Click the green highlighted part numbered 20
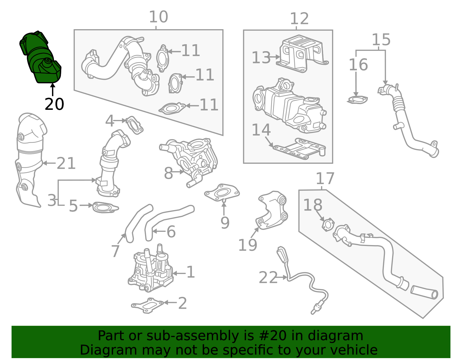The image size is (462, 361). (40, 58)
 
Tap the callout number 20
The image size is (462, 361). (54, 104)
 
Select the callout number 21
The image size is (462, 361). (66, 163)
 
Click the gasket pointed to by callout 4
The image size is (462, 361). (134, 125)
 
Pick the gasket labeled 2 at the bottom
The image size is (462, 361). (148, 305)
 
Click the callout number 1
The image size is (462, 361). (191, 272)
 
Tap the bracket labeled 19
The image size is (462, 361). (272, 211)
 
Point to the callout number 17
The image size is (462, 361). (325, 178)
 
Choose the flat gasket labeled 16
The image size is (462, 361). (357, 100)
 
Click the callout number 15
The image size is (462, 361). (381, 40)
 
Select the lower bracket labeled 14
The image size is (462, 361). (299, 149)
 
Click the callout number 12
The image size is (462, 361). (299, 18)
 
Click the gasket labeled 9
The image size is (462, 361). (222, 193)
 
